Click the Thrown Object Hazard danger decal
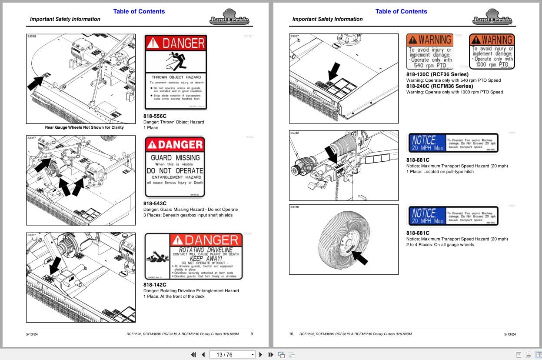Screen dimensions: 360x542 point(176,72)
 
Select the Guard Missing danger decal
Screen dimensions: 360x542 point(175,167)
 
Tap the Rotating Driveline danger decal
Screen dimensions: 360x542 point(193,256)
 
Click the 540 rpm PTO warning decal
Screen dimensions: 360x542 point(430,52)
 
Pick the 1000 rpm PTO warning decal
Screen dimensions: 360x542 point(492,52)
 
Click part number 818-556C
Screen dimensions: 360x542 point(155,116)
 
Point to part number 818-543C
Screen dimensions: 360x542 point(155,203)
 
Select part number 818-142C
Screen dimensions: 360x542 point(155,285)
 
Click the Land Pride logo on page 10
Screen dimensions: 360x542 point(492,17)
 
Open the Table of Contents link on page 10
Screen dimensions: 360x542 point(401,11)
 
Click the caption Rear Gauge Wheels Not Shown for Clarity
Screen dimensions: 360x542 point(84,127)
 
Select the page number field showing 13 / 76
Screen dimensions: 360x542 point(233,354)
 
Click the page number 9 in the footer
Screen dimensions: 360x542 point(252,334)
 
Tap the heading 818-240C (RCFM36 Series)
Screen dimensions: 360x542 point(433,86)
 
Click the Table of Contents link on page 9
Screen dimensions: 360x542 point(139,11)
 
